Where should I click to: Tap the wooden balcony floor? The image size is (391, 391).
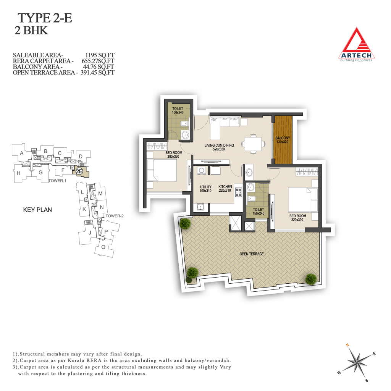pos(283,140)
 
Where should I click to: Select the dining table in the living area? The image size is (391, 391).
pos(253,144)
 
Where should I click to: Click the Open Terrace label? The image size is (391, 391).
pos(251,254)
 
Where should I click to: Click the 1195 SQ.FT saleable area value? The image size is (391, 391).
pos(100,55)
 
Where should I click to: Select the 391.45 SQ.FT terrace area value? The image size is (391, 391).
pos(97,73)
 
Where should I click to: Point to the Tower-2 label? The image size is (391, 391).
pos(115,216)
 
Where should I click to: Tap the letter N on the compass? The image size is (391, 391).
pos(347,345)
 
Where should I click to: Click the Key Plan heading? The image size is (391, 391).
pos(37,210)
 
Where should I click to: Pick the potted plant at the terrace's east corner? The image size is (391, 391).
pos(311,279)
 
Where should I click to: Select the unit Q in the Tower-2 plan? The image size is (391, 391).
pos(103,247)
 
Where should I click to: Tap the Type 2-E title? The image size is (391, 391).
pos(45,18)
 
